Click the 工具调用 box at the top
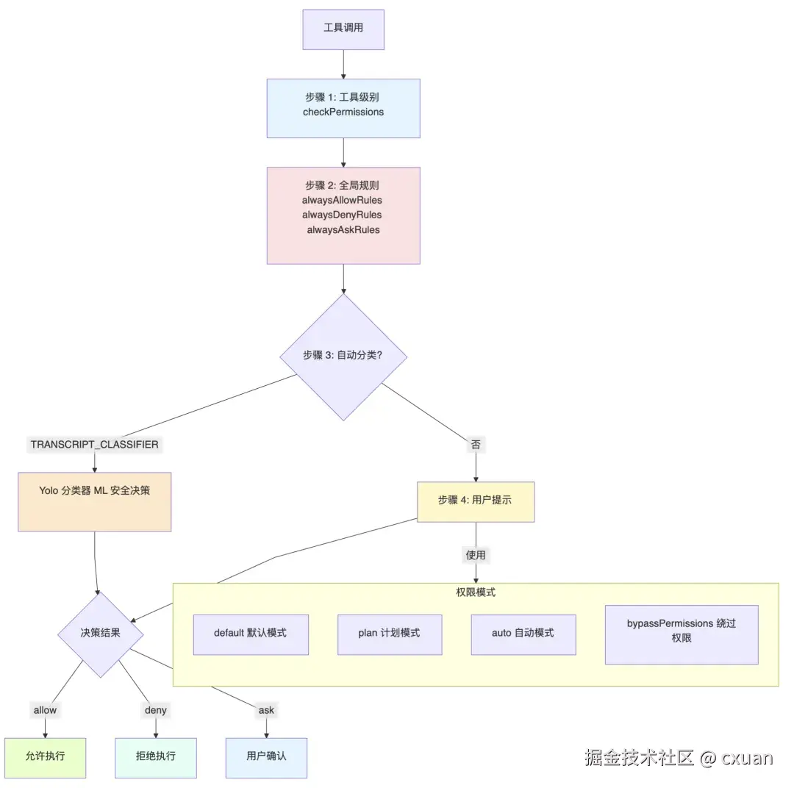[x=343, y=29]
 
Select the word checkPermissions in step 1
[x=343, y=112]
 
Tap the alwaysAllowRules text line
[x=342, y=200]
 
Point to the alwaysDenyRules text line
[x=342, y=215]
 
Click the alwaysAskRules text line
[x=343, y=229]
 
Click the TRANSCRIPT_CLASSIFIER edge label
[x=94, y=445]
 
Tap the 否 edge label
[x=476, y=445]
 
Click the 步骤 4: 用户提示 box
[x=476, y=501]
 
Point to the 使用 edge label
[x=476, y=555]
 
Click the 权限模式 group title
[x=476, y=592]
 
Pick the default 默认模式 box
[x=251, y=634]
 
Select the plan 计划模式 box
[x=390, y=634]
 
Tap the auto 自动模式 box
[x=523, y=634]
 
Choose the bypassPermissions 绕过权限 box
[x=681, y=631]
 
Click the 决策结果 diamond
[x=100, y=634]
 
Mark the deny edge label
[x=155, y=710]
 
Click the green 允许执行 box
[x=45, y=757]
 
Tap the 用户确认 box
[x=266, y=757]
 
